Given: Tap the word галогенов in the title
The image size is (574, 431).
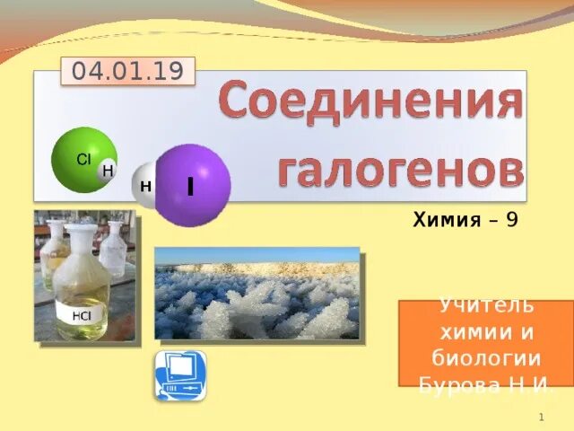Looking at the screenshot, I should [x=399, y=168].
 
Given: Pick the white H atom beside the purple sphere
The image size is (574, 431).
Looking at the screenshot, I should [x=144, y=186].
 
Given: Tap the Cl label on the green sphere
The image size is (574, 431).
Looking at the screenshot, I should [x=83, y=159].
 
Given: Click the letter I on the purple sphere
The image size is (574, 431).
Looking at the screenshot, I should [x=191, y=186].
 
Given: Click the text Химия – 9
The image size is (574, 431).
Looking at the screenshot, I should [x=465, y=219].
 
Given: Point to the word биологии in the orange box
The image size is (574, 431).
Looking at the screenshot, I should [x=484, y=360].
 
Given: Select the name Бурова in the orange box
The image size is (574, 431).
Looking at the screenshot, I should [x=459, y=385].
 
